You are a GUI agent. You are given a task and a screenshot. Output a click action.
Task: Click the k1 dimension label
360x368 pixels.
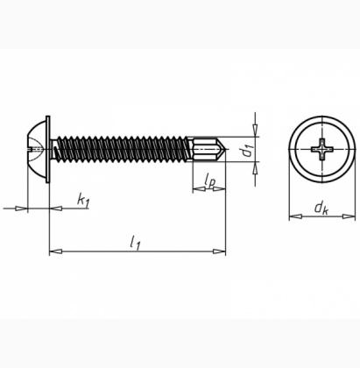[x=83, y=201]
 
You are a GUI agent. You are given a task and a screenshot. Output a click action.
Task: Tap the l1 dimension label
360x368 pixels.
[x=135, y=243]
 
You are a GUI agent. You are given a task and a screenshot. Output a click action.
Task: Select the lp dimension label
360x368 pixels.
[x=210, y=180]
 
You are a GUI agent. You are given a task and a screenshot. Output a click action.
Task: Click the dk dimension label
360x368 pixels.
[x=321, y=209]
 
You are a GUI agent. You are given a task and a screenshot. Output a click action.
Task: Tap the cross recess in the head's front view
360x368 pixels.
[x=322, y=150]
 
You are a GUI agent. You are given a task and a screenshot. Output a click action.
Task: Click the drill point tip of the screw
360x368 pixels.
[x=225, y=150]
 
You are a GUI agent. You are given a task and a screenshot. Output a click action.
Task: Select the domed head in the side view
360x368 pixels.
[x=36, y=150]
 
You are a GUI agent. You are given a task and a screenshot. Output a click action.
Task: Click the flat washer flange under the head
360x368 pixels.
[x=48, y=150]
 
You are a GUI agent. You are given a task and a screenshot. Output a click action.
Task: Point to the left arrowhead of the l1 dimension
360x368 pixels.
[x=56, y=251]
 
